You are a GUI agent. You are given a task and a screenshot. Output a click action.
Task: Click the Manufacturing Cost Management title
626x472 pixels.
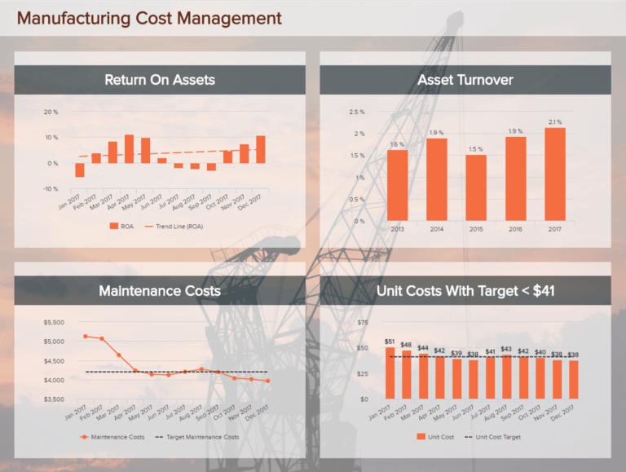click(148, 18)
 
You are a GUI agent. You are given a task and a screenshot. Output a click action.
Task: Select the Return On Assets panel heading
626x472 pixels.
click(160, 80)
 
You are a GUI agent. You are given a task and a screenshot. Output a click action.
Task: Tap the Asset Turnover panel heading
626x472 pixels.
click(465, 80)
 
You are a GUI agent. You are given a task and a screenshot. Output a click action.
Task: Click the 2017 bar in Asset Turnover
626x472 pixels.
click(555, 174)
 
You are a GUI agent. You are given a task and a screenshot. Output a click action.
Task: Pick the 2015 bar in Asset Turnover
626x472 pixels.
click(476, 187)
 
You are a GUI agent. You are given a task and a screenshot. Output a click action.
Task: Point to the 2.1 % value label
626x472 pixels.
click(555, 121)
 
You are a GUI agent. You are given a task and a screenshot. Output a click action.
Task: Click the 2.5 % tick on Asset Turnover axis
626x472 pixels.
click(356, 112)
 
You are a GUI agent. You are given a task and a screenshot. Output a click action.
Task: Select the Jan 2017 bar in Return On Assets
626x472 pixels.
click(80, 170)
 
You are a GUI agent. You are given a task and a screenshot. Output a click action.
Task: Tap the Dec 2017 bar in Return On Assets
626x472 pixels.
click(261, 149)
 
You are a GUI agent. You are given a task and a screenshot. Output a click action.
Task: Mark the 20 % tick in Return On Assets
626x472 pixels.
click(51, 112)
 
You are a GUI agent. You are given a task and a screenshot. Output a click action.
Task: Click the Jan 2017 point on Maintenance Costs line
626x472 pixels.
click(85, 336)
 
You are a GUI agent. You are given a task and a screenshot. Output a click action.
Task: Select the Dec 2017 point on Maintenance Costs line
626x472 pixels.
click(267, 381)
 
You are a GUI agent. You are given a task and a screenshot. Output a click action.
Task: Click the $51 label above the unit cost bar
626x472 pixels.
click(390, 342)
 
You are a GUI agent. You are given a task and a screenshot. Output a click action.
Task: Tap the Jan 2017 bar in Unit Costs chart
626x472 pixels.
click(390, 373)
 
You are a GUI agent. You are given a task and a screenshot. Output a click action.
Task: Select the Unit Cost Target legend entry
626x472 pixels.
click(494, 437)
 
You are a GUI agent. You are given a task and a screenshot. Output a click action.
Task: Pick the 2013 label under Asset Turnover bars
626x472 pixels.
click(397, 229)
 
